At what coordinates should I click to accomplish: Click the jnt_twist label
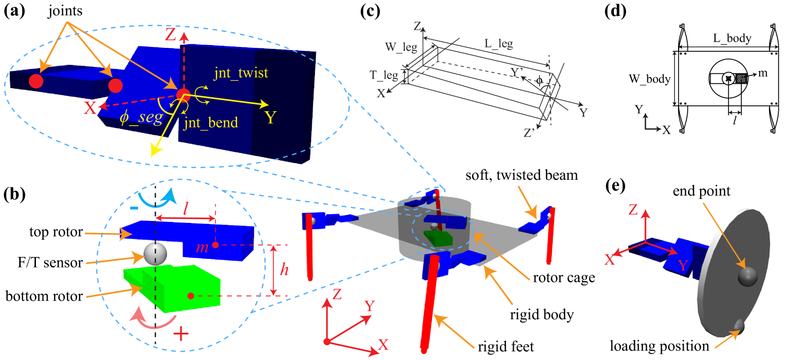point(241,73)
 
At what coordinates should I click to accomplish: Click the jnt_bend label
point(211,123)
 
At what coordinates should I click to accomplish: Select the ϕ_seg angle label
point(141,116)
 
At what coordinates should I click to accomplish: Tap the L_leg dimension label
point(498,44)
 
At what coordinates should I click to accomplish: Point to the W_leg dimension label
point(401,47)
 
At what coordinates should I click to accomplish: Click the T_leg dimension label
point(383,75)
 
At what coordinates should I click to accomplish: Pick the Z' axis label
point(529,133)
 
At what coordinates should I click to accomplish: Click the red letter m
point(202,247)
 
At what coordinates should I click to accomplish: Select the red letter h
point(284,269)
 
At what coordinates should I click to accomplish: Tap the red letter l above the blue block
point(186,208)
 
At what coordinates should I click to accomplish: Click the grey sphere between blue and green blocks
point(155,254)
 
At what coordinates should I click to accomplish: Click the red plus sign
point(181,334)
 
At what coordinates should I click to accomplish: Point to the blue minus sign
point(135,208)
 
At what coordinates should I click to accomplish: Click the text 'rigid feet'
point(506,346)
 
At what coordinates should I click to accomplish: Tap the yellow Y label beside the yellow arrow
point(270,117)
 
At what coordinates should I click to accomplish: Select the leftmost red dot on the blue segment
point(36,81)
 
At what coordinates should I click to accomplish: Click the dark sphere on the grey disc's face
point(747,276)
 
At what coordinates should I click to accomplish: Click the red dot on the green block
point(191,296)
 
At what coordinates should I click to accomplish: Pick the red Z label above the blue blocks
point(171,34)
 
